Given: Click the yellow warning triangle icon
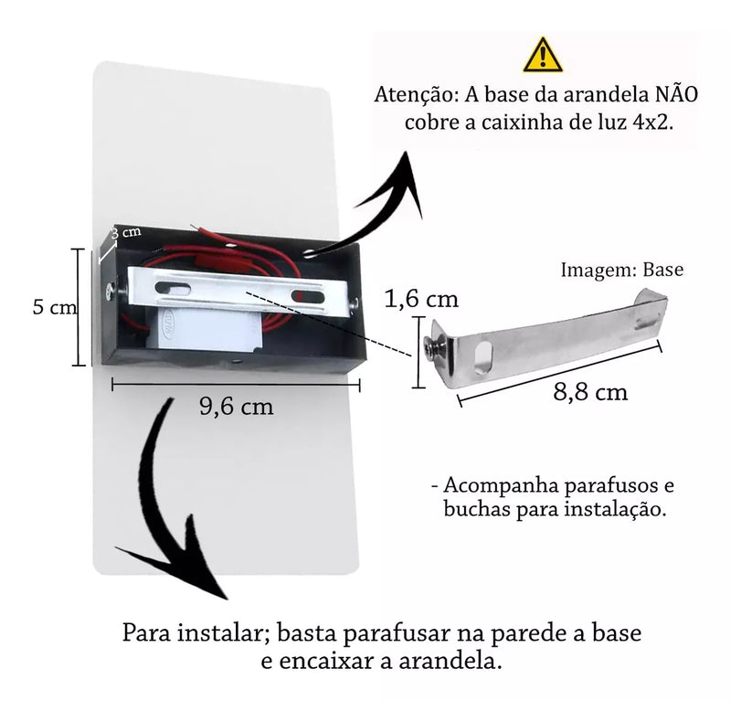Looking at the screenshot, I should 544,56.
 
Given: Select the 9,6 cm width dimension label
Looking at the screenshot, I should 237,407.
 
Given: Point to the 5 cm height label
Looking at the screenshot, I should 54,308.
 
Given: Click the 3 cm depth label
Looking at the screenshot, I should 126,232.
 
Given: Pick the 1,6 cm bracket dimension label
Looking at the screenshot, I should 422,299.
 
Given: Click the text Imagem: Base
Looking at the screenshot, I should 621,270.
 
